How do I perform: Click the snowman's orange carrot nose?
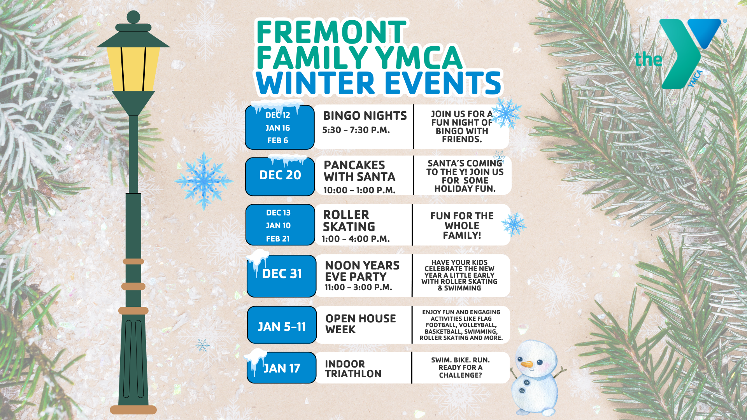click(x=527, y=364)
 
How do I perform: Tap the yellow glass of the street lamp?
click(x=133, y=69)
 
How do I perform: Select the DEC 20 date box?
click(x=280, y=176)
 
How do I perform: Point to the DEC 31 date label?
click(x=282, y=274)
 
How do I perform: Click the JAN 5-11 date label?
click(x=282, y=327)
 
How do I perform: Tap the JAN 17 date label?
click(x=282, y=368)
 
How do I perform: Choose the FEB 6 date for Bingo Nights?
click(x=278, y=140)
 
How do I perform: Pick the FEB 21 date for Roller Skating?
click(x=278, y=239)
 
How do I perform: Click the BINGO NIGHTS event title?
click(x=365, y=116)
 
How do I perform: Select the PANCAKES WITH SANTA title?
click(x=359, y=171)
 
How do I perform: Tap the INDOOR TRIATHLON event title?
click(x=353, y=369)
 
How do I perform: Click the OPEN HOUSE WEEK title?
click(x=360, y=324)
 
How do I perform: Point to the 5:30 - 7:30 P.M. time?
click(x=356, y=130)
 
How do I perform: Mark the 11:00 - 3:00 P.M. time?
click(x=358, y=287)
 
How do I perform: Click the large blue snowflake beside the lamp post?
click(x=203, y=180)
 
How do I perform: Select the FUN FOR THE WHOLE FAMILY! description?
click(x=462, y=226)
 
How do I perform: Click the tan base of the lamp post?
click(x=133, y=409)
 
